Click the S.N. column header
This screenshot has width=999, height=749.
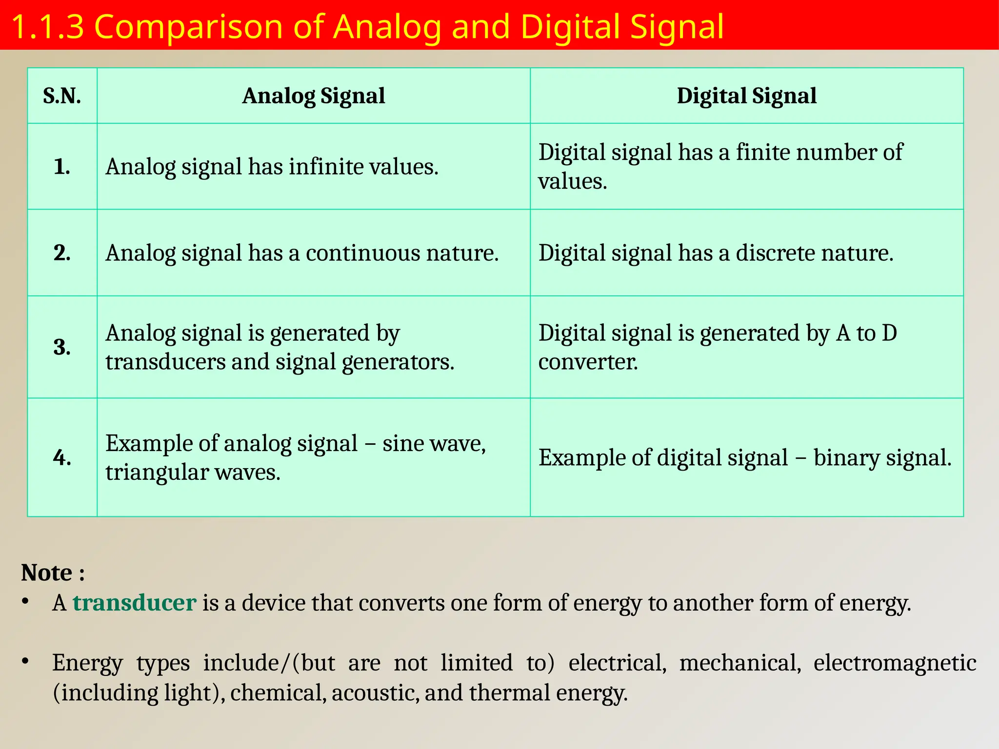coord(62,96)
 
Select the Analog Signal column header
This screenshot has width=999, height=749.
coord(313,96)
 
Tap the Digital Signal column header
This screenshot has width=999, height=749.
coord(746,96)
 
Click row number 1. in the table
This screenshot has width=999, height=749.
coord(62,167)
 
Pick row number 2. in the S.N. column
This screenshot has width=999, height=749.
coord(62,253)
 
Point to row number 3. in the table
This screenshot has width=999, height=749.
coord(62,347)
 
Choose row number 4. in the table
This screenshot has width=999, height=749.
coord(62,457)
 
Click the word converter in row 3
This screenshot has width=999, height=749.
coord(587,362)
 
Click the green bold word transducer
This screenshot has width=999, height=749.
coord(134,603)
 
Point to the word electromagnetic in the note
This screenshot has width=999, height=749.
coord(895,663)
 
